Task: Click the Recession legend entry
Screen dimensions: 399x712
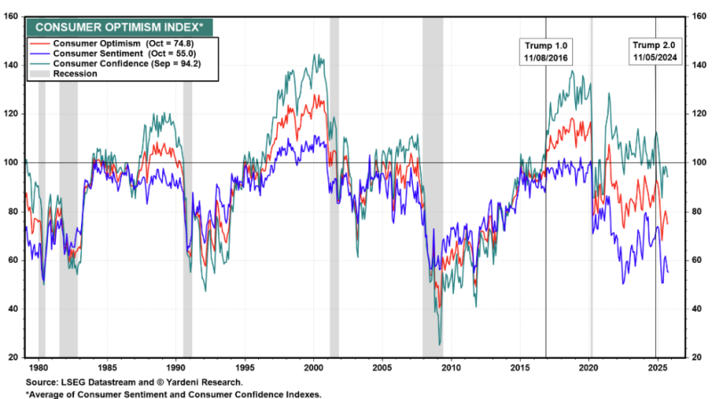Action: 75,74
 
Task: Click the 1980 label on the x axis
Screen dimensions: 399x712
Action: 38,367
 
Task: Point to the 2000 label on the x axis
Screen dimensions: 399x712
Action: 313,367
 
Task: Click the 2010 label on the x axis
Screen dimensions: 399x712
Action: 450,367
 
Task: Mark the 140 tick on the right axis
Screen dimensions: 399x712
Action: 700,65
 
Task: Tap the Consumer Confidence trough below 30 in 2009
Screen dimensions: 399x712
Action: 440,343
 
